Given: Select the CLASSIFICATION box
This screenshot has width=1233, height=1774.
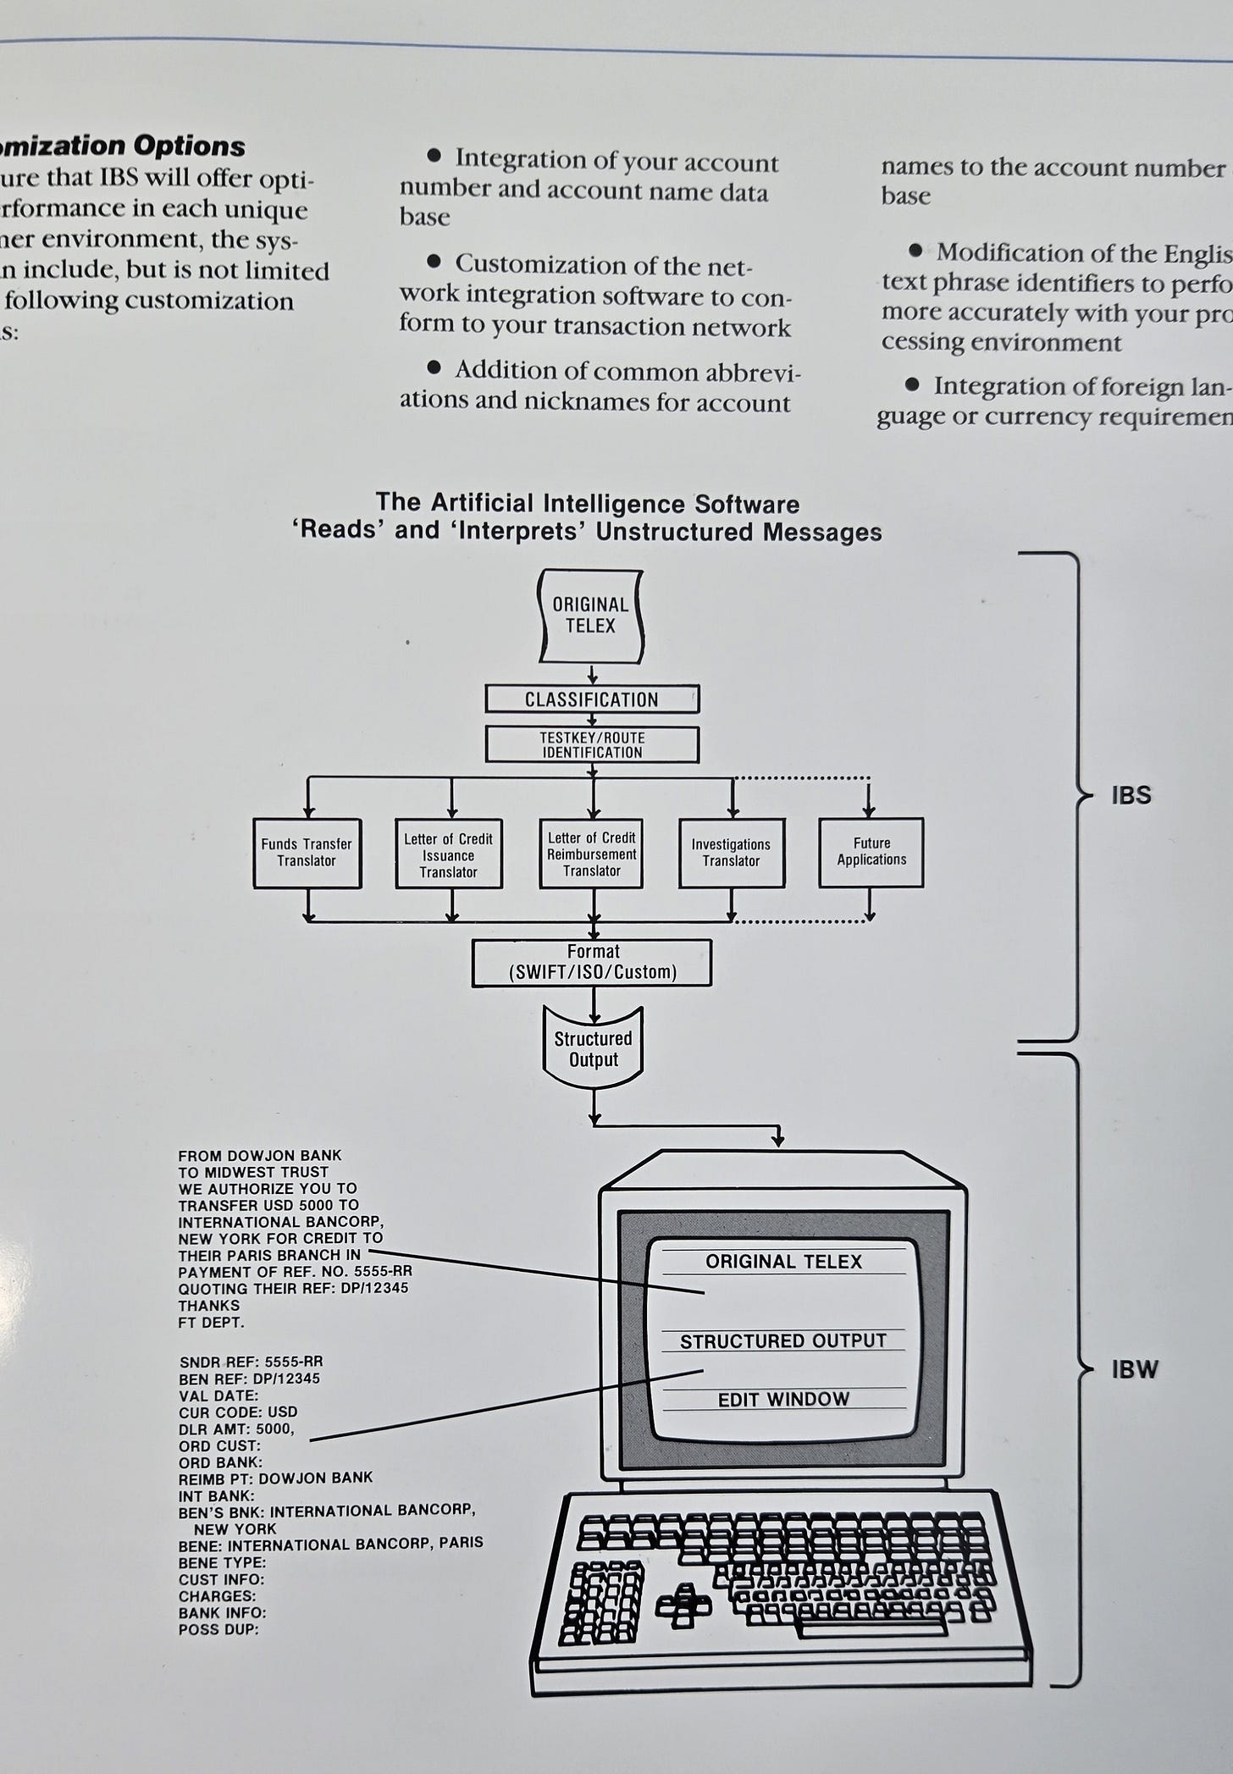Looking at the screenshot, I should [x=592, y=699].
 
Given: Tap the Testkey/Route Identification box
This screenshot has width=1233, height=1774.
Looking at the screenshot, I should [x=592, y=745].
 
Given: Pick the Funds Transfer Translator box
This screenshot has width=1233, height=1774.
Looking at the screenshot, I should [x=307, y=853].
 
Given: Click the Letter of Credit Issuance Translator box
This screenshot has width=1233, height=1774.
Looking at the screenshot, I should [x=449, y=854].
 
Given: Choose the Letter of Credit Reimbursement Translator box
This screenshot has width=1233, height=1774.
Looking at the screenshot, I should [x=592, y=854].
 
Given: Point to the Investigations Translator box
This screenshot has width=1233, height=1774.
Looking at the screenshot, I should [x=731, y=853].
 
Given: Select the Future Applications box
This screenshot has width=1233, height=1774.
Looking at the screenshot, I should [x=871, y=852].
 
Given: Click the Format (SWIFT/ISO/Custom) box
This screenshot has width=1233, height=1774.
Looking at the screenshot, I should [x=592, y=962].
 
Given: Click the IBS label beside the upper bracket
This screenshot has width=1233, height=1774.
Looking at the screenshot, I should [x=1131, y=795].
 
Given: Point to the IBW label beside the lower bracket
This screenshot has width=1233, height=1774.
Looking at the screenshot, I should [x=1134, y=1369].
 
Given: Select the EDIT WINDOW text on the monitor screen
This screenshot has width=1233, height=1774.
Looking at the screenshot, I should [x=783, y=1400].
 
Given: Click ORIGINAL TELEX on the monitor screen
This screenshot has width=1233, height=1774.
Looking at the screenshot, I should [x=783, y=1262].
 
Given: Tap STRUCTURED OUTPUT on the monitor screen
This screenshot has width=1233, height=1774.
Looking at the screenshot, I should [x=783, y=1341].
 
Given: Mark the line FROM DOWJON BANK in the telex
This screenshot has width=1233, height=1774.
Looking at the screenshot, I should [x=260, y=1155].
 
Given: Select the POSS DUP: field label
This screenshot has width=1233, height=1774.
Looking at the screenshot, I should [x=218, y=1629].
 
